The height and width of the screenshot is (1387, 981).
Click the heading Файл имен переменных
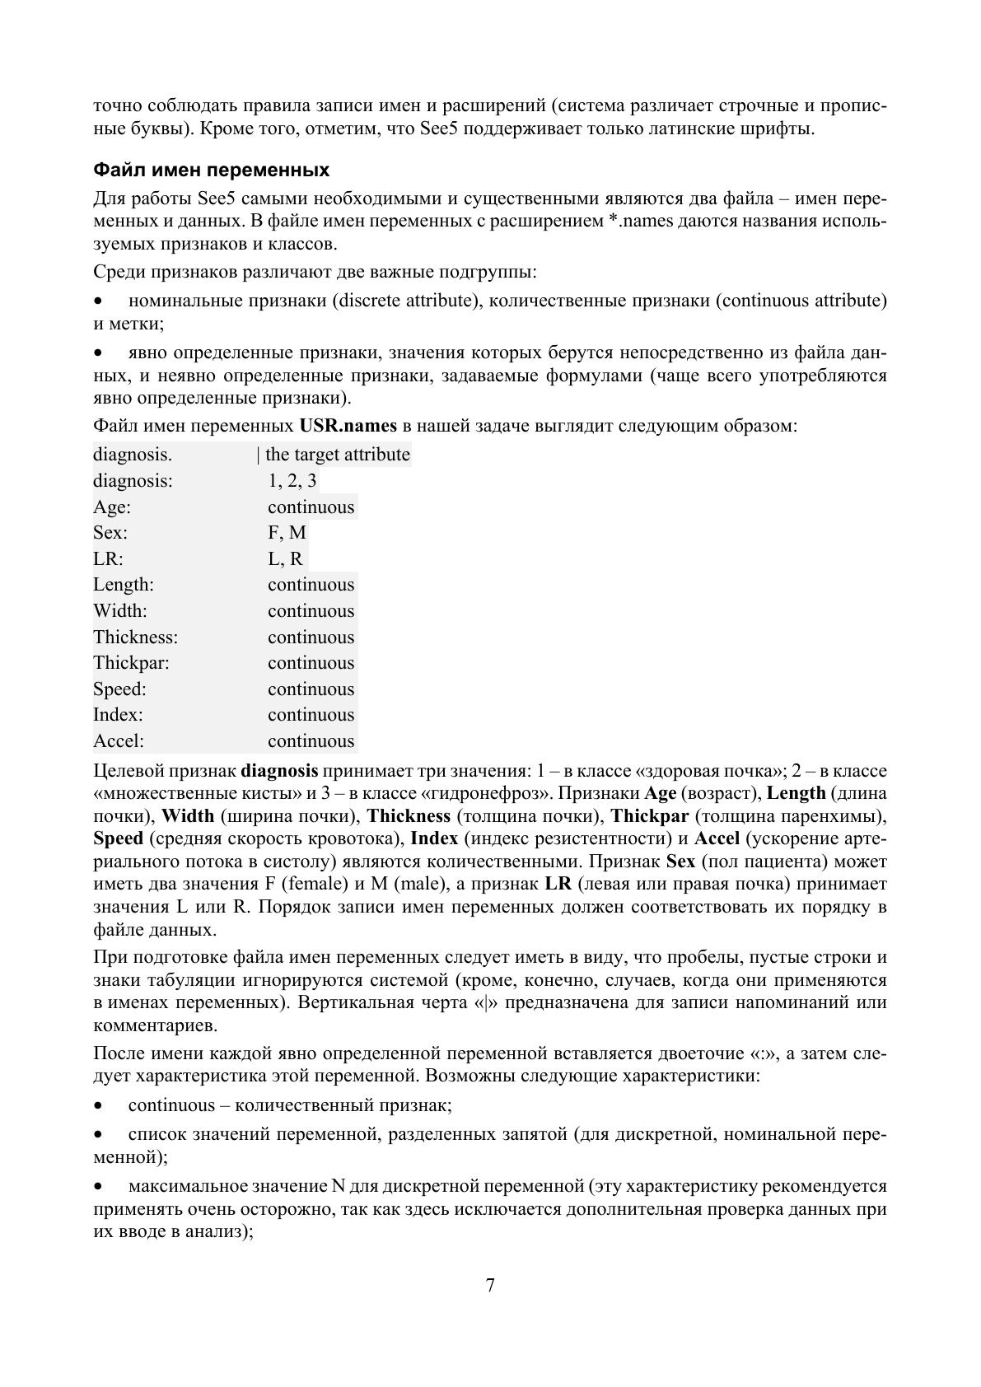pos(211,170)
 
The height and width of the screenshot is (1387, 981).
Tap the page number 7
pos(490,1286)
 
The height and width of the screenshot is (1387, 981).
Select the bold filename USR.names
pos(348,427)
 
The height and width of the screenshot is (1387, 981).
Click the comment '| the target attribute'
pos(334,455)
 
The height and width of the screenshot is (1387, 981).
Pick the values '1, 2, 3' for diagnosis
pos(292,481)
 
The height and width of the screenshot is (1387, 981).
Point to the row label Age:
pos(112,507)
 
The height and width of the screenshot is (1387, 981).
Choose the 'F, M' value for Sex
pos(287,533)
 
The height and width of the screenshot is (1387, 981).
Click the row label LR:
pos(108,559)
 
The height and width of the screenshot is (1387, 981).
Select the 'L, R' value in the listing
pos(285,559)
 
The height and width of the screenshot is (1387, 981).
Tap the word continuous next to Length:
pos(311,585)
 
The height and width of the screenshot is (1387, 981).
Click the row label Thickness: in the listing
pos(135,637)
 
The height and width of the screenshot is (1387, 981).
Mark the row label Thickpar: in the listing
pos(131,663)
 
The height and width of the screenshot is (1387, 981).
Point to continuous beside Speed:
pos(311,689)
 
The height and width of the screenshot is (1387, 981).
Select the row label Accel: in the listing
pos(119,741)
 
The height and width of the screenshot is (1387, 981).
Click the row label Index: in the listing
pos(118,715)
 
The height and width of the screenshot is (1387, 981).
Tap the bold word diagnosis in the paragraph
pos(279,772)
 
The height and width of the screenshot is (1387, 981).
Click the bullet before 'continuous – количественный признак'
pos(100,1106)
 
